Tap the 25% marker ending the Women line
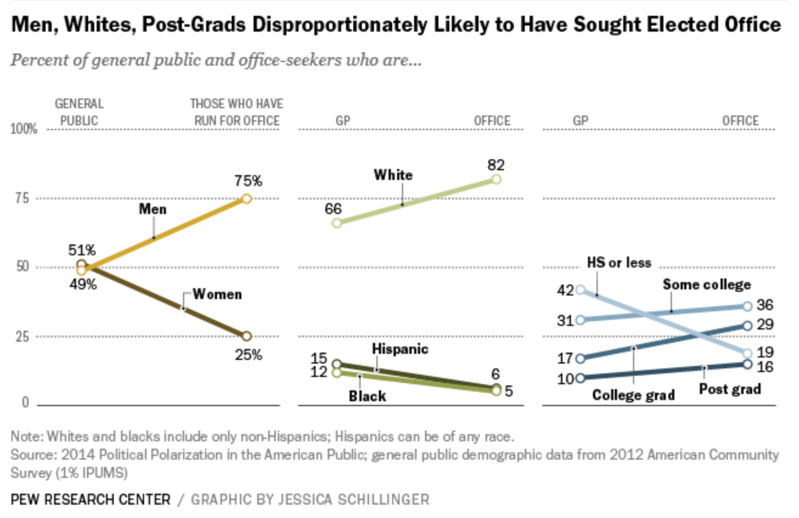246,336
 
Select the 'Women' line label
217,294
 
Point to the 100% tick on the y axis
24,129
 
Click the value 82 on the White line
496,165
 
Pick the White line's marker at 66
337,223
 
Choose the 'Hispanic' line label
400,349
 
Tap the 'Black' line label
367,396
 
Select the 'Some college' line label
707,285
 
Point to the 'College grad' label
634,395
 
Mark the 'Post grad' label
730,388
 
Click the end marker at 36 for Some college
747,307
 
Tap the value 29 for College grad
766,325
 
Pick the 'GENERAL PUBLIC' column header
80,112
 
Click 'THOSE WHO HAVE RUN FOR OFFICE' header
237,112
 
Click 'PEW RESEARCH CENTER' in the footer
91,500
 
